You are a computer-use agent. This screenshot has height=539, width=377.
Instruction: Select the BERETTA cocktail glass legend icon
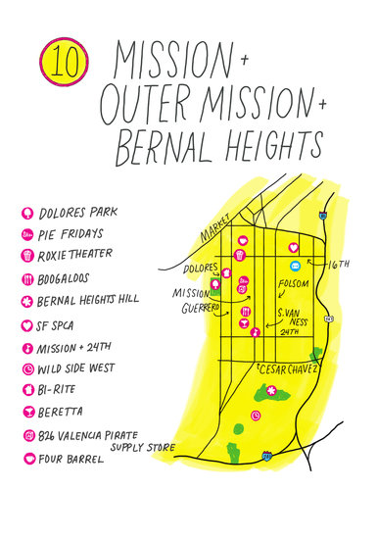(26, 412)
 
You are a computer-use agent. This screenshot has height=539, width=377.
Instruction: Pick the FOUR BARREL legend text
(73, 459)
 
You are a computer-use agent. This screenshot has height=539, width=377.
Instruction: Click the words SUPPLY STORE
(143, 447)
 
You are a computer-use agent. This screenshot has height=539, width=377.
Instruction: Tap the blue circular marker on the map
(291, 265)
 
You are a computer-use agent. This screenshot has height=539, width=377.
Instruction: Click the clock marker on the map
(255, 416)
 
